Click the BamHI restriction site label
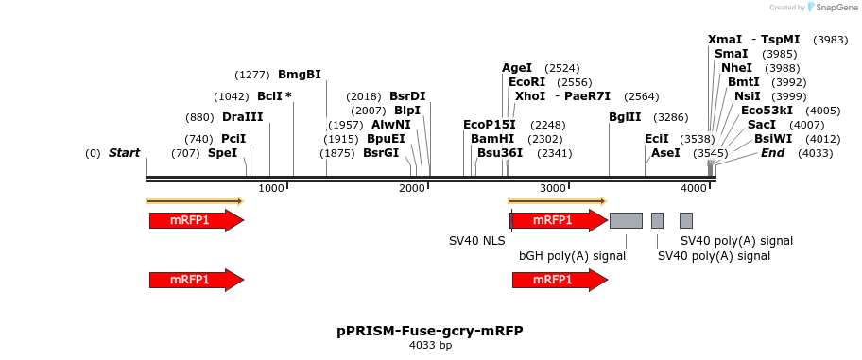(x=491, y=138)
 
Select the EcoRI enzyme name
(x=526, y=82)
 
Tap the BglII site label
(x=625, y=117)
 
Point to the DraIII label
(x=242, y=117)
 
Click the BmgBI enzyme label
(x=299, y=75)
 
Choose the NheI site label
(x=736, y=68)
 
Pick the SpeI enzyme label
(x=222, y=153)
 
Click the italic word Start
(x=124, y=153)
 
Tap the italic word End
(x=772, y=153)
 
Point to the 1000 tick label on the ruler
(x=271, y=189)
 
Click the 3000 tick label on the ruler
(x=553, y=189)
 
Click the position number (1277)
(x=252, y=75)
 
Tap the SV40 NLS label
(x=476, y=241)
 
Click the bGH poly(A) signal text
(x=572, y=255)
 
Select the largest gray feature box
(x=626, y=220)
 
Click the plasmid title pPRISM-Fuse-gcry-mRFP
(x=430, y=331)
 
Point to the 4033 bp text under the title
(x=430, y=346)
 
